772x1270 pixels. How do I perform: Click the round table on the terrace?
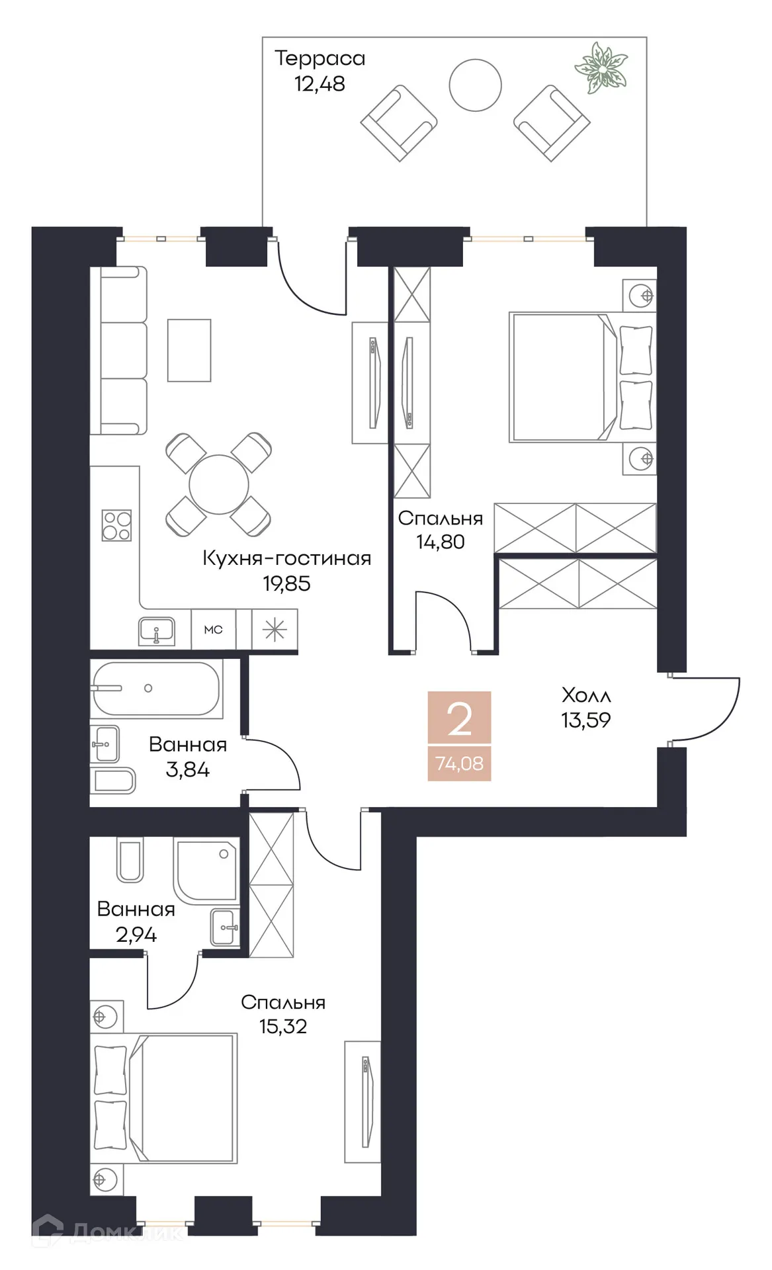tap(475, 85)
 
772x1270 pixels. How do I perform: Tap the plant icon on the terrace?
tap(601, 68)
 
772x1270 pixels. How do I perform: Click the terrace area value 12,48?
tap(320, 84)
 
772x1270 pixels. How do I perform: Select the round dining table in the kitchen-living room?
tap(218, 484)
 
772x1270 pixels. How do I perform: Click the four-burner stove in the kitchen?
tap(116, 526)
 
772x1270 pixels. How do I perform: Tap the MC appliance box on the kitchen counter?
tap(213, 630)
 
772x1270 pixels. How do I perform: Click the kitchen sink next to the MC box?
tap(157, 631)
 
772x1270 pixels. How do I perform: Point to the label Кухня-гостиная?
tap(286, 558)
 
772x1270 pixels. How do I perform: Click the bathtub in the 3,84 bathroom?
tap(155, 689)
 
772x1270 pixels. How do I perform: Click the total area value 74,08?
tap(459, 764)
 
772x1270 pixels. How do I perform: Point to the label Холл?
tap(585, 695)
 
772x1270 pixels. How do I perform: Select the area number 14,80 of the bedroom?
tap(440, 542)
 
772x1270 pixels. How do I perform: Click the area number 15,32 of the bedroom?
tap(282, 1026)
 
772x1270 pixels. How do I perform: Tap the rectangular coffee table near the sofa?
tap(189, 351)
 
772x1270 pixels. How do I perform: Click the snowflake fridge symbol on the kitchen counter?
tap(275, 630)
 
